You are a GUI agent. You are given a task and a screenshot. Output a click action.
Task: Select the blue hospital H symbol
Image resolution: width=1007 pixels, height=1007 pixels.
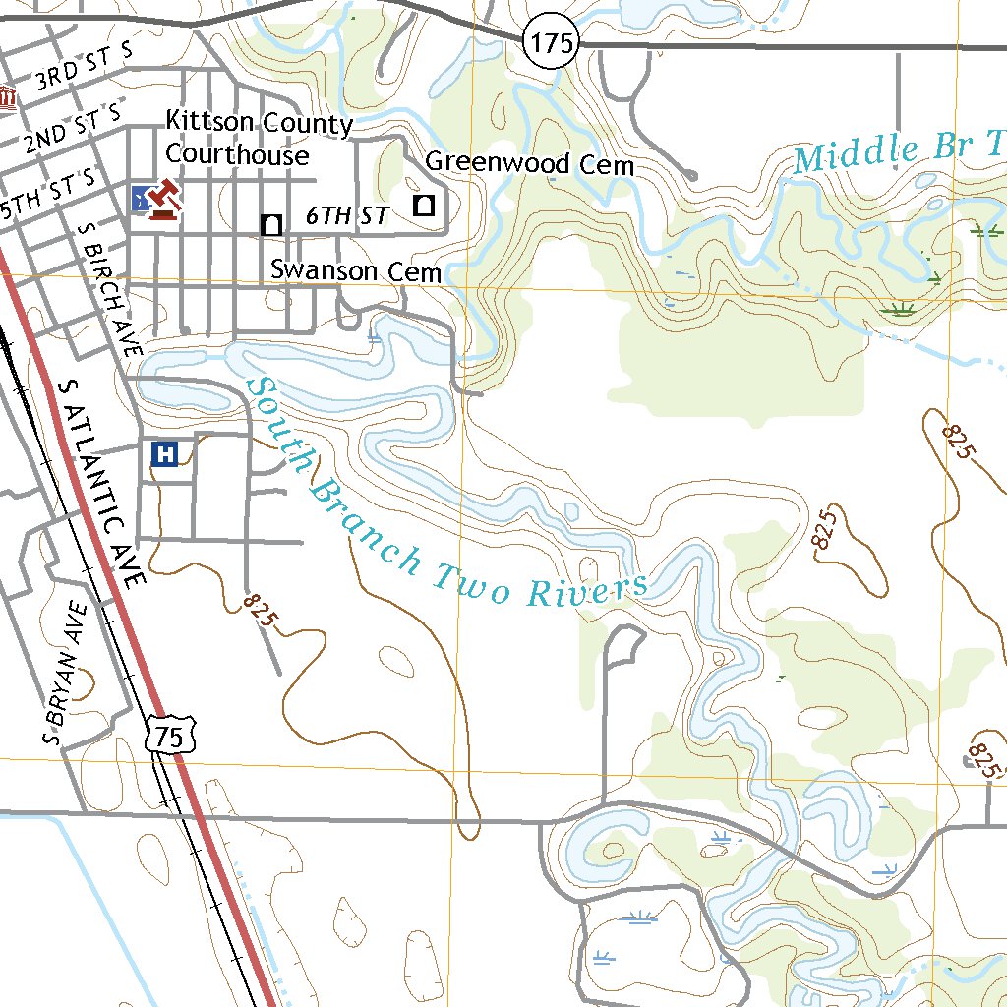coord(166,454)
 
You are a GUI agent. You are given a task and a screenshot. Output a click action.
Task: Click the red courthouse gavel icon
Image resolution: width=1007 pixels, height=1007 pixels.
coord(163,200)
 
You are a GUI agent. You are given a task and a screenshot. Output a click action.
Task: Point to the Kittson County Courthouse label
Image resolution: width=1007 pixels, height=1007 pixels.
coord(259,139)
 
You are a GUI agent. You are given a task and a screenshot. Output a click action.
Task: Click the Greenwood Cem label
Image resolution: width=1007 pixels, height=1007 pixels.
coord(529,163)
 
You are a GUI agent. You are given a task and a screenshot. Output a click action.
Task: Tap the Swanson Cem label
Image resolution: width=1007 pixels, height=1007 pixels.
coord(355,269)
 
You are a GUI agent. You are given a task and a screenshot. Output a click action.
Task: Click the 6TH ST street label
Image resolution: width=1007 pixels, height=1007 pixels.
coord(347,216)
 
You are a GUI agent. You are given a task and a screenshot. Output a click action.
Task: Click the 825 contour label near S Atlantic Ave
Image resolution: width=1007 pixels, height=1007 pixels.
coord(261,612)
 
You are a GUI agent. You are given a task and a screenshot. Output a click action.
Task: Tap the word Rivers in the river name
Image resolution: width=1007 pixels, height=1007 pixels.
coord(588,591)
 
